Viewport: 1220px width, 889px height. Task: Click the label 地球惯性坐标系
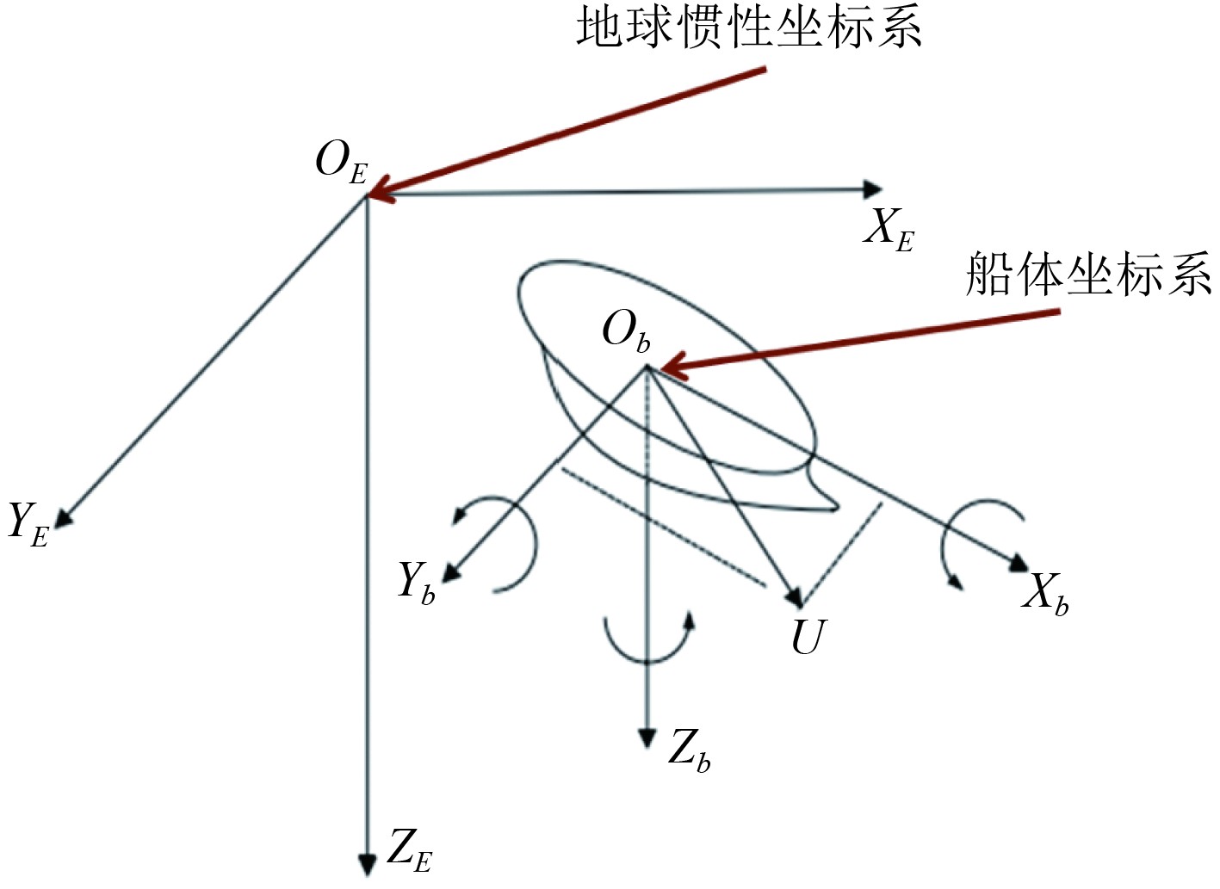749,28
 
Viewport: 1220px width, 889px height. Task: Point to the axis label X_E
888,231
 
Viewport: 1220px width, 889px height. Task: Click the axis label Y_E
28,523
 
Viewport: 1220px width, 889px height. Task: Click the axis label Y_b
417,583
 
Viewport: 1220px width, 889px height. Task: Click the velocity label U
808,638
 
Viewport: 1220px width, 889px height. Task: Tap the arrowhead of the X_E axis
873,190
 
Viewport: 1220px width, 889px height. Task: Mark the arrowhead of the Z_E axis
368,864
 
